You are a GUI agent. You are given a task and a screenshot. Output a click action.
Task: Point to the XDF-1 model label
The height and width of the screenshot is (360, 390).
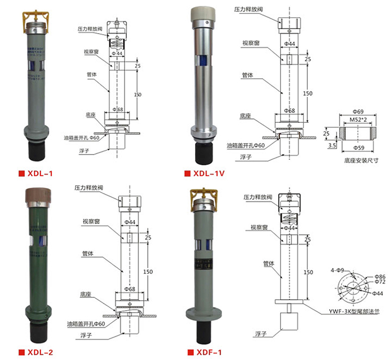click(209, 352)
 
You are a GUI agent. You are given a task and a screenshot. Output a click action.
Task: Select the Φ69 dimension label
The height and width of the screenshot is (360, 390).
click(357, 111)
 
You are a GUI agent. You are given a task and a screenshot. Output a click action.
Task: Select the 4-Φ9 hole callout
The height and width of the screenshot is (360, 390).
click(337, 270)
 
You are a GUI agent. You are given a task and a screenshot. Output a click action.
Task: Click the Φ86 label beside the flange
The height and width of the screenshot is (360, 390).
click(380, 277)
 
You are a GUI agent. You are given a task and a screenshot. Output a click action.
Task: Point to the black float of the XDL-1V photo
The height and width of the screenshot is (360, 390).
click(203, 153)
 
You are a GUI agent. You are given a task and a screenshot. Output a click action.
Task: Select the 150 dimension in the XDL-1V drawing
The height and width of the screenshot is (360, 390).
click(308, 93)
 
